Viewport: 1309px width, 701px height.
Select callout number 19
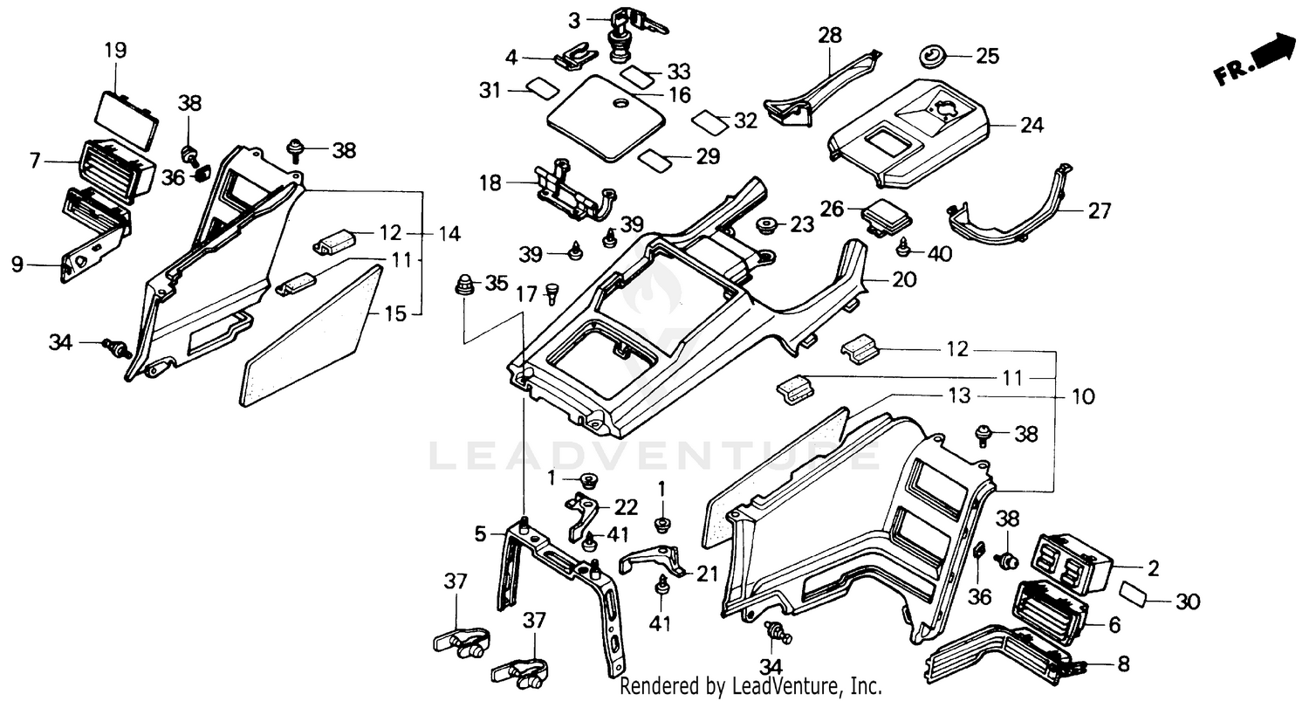tap(115, 50)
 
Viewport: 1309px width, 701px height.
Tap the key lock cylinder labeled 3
tap(627, 35)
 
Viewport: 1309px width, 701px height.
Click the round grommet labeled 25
tap(932, 58)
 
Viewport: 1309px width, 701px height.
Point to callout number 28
tap(830, 37)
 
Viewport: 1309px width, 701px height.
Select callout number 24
tap(1031, 126)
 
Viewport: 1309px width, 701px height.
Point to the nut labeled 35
tap(465, 284)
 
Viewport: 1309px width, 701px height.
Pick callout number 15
tap(395, 313)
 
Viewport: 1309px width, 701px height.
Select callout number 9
tap(17, 265)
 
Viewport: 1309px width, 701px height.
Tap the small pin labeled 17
tap(552, 294)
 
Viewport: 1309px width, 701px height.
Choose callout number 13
tap(958, 396)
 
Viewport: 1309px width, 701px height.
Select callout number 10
tap(1083, 397)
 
